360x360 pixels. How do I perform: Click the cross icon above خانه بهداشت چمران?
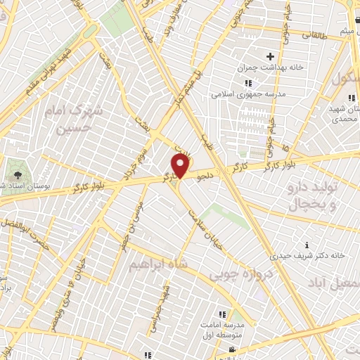point(269,56)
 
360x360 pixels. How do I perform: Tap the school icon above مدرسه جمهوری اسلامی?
point(247,83)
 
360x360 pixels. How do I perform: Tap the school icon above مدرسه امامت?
point(222,314)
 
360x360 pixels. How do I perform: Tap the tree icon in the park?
point(15,169)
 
